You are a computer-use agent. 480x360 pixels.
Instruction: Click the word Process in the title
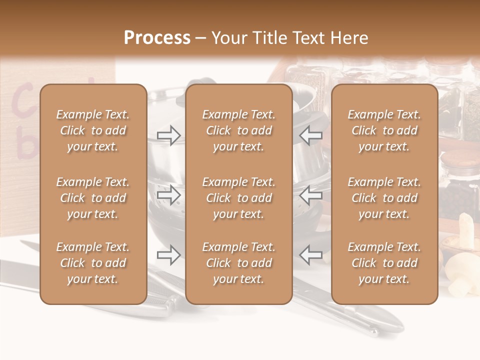click(157, 38)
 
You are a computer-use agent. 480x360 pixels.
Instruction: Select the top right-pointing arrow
click(168, 135)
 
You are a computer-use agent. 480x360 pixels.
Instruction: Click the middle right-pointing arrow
click(168, 195)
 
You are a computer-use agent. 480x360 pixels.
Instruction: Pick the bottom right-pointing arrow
click(168, 255)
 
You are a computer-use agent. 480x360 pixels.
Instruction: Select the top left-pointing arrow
click(311, 135)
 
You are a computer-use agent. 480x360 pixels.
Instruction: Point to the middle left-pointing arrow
click(311, 195)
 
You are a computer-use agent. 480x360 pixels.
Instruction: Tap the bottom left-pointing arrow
click(311, 255)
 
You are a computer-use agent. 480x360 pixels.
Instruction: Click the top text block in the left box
click(93, 130)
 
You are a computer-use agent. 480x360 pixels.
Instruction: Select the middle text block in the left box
click(93, 198)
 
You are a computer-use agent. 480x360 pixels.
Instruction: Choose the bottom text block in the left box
click(93, 263)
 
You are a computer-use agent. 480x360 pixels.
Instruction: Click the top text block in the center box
click(239, 130)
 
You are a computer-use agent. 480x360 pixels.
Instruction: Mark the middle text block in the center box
click(239, 198)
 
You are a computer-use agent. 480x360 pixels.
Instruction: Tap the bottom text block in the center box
click(239, 263)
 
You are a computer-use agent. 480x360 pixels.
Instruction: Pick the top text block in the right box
click(384, 130)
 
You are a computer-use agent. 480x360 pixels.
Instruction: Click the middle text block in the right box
click(384, 198)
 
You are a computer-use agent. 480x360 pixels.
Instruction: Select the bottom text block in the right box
click(384, 263)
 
